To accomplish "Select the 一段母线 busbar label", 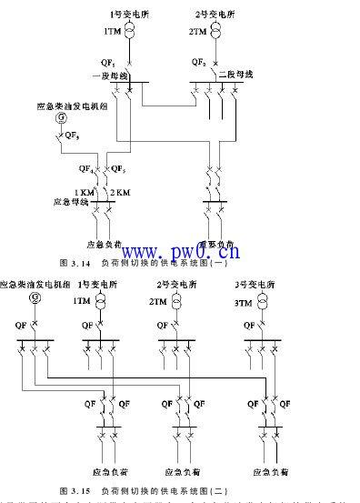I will pos(106,75).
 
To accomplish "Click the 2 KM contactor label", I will pos(119,192).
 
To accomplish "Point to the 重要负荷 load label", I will pos(217,244).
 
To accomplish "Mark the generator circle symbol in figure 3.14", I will pos(61,119).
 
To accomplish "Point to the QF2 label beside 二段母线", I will pos(197,62).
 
